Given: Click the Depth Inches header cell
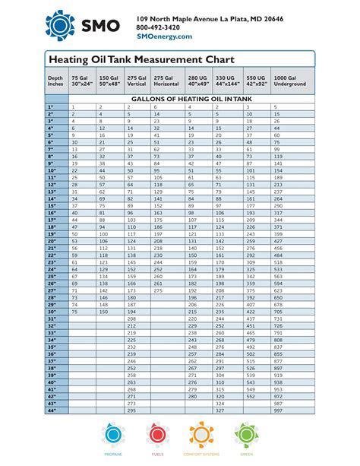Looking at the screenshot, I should coord(55,81).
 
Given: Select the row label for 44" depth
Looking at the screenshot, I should coord(55,411).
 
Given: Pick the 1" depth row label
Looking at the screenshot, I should coord(55,107).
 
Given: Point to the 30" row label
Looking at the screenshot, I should coord(55,312).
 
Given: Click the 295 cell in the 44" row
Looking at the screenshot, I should coord(131,411).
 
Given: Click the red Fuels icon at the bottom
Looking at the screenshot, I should coord(157,435).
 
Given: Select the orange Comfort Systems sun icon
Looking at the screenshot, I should coord(202,435).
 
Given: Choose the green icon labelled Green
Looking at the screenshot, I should coord(248,435).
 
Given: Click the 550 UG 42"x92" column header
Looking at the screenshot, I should coord(255,81).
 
